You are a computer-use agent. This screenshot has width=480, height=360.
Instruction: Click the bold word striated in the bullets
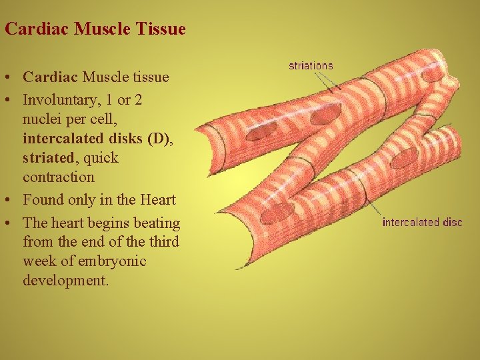[x=48, y=158]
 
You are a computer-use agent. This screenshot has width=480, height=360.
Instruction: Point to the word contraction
[x=59, y=177]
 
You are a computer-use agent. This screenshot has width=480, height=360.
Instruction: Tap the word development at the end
[x=65, y=281]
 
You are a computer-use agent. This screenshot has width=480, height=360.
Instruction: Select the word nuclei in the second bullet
[x=41, y=119]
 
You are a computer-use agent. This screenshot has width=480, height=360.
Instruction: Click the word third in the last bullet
[x=165, y=241]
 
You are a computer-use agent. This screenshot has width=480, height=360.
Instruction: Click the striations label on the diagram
[x=311, y=65]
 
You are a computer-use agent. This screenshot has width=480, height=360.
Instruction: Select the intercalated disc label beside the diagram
[x=422, y=222]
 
